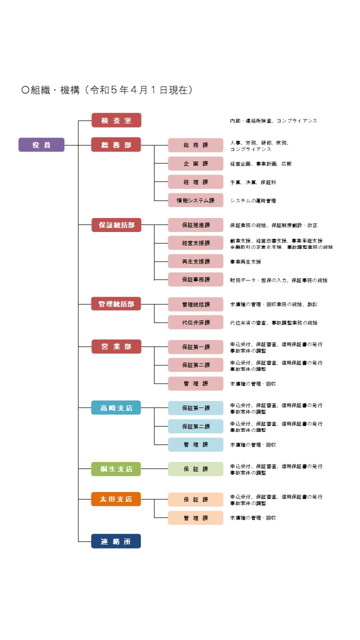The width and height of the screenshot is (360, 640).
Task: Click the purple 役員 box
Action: point(41,144)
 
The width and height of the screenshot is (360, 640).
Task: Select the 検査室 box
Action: point(116,120)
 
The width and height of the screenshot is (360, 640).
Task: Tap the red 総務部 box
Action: point(116,144)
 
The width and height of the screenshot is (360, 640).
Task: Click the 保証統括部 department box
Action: point(116,225)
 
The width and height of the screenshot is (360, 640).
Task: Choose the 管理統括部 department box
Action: point(116,303)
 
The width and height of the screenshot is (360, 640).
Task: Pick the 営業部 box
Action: point(116,346)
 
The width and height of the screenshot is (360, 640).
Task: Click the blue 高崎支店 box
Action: point(116,407)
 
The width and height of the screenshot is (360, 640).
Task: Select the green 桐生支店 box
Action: point(116,469)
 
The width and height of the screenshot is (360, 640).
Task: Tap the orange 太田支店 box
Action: point(116,499)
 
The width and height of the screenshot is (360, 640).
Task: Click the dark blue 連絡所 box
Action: point(116,541)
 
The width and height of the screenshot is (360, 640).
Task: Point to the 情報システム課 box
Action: point(195,200)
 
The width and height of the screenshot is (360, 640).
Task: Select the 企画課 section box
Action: point(195,163)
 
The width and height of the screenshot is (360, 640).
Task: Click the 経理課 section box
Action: point(195,182)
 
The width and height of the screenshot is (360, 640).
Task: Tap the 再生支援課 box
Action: point(195,261)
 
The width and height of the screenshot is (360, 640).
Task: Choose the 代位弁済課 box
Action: point(195,322)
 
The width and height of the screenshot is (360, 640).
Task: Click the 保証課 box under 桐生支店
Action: point(195,469)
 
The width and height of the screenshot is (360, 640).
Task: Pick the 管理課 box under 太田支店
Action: point(195,517)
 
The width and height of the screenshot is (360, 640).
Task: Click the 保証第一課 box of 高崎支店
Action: point(195,408)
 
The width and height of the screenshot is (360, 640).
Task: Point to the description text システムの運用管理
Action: point(253,201)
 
